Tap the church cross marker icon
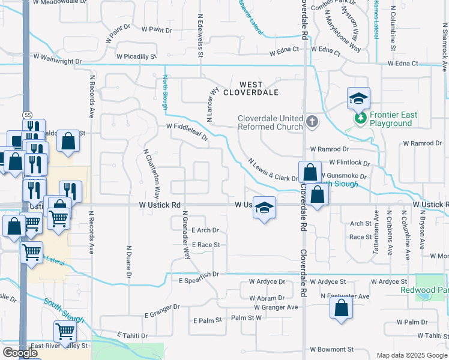tap(312, 122)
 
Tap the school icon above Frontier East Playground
tap(358, 98)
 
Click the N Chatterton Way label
tap(152, 174)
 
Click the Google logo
tap(20, 353)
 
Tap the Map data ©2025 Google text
tap(412, 355)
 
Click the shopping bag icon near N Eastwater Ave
tap(341, 308)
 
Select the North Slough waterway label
tap(165, 92)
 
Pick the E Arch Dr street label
tap(206, 230)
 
